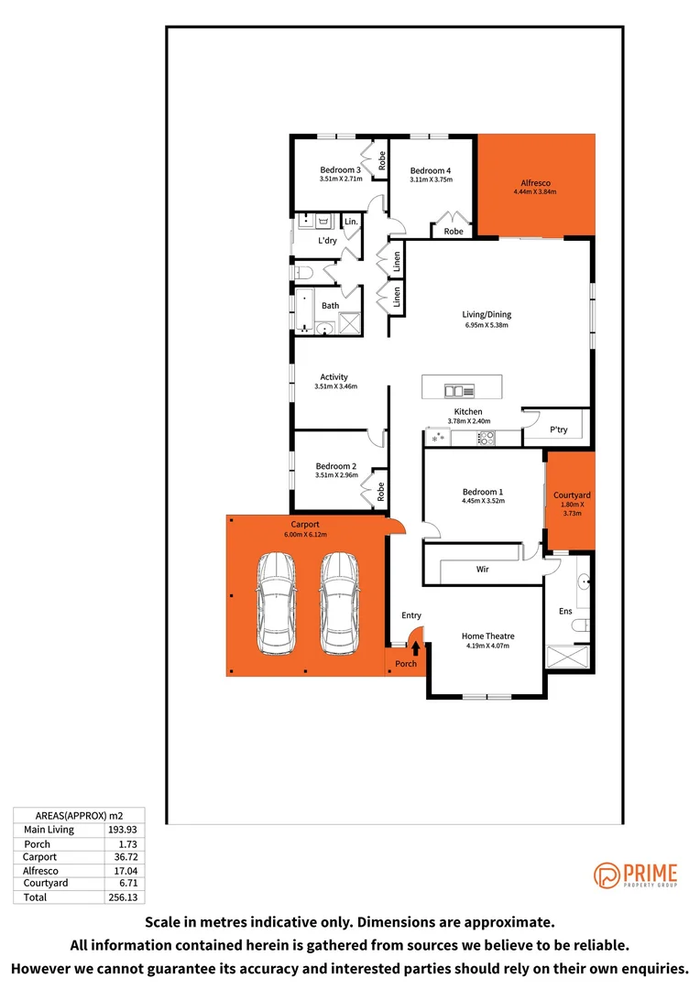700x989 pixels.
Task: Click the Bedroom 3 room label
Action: point(340,169)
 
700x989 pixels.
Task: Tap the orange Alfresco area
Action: point(535,183)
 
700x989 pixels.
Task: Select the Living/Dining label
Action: point(486,315)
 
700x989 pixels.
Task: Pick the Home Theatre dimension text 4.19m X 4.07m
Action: point(487,647)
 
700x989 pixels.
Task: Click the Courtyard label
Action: point(572,495)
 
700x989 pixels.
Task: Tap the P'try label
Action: point(559,429)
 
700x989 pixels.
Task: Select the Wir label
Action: point(482,570)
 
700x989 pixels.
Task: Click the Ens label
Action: point(565,611)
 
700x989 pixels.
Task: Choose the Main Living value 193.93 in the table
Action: point(124,830)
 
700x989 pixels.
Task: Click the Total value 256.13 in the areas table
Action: point(124,898)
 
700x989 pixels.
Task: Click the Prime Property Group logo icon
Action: point(607,875)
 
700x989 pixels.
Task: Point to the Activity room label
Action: point(334,377)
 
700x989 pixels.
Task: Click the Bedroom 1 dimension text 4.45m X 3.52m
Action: point(482,502)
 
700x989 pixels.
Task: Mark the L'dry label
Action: point(327,241)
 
